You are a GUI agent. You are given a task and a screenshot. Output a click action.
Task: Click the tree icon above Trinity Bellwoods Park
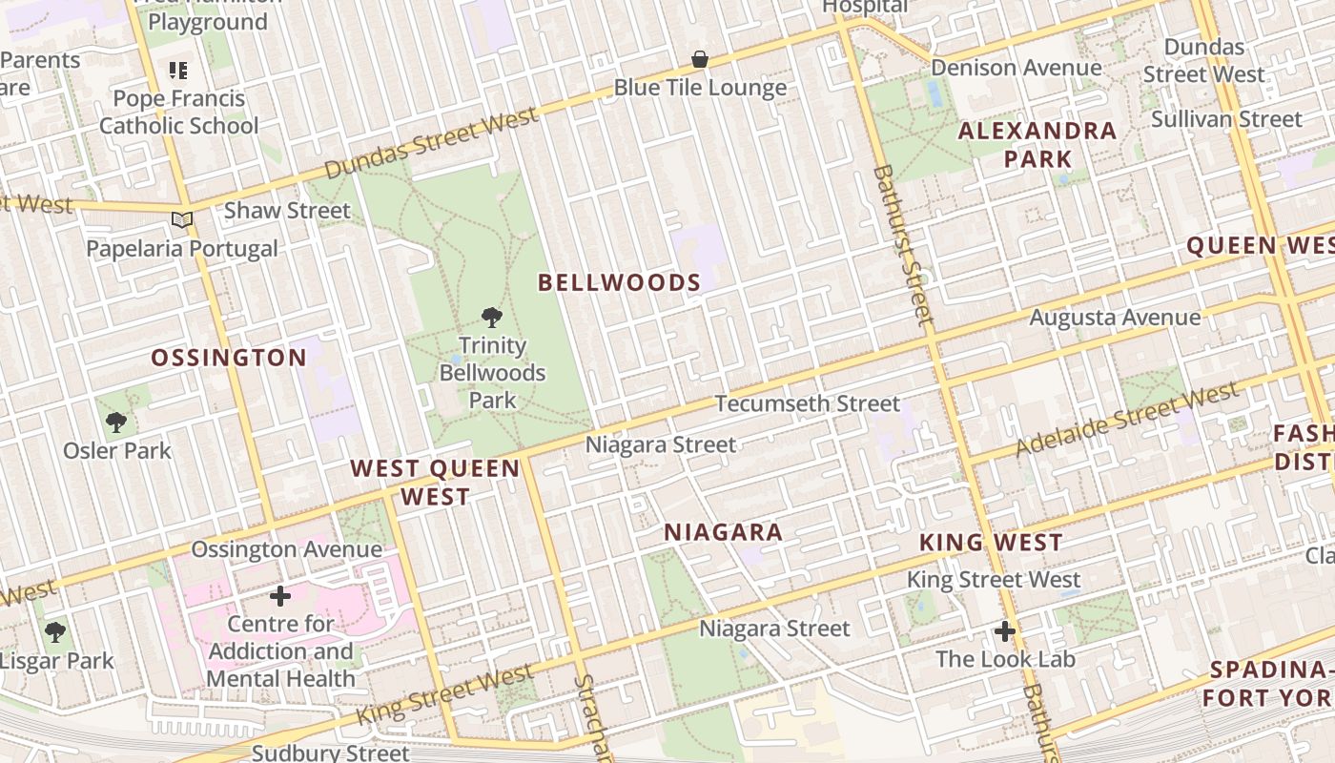[492, 318]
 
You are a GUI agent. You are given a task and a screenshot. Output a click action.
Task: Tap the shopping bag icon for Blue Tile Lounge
[700, 59]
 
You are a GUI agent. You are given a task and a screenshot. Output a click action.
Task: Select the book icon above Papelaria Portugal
[182, 220]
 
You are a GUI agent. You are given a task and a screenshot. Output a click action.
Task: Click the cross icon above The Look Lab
[1005, 631]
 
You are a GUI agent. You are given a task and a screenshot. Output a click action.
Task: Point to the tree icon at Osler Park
[116, 422]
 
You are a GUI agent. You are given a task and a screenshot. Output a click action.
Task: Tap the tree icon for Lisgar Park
[55, 631]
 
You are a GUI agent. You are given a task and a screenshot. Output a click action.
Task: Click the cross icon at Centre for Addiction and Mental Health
[280, 597]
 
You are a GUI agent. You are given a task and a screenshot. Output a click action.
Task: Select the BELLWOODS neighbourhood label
[619, 283]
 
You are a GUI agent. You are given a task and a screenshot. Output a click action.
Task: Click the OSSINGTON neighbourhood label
[229, 359]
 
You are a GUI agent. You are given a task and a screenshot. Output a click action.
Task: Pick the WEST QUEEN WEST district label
[435, 483]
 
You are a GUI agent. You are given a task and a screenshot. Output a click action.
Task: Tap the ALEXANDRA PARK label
[1037, 145]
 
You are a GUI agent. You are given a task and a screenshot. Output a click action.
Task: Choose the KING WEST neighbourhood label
[991, 544]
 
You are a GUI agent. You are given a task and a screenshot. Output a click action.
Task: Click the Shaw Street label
[287, 211]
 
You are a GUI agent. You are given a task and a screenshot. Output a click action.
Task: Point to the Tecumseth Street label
[807, 404]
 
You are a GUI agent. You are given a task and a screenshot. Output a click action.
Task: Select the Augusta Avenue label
[1115, 318]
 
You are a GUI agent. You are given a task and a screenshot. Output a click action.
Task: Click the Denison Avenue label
[1017, 69]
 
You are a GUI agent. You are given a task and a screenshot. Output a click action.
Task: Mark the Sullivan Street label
[1226, 119]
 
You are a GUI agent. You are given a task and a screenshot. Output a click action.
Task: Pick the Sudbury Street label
[330, 753]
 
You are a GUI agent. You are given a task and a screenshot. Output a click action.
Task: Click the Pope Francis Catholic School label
[179, 113]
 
